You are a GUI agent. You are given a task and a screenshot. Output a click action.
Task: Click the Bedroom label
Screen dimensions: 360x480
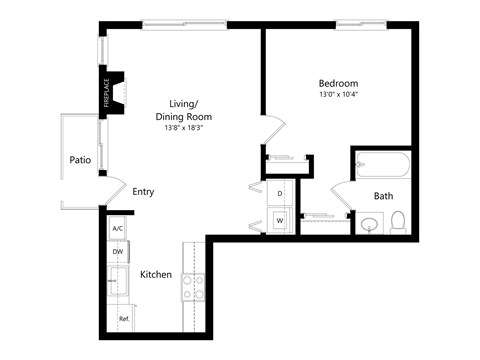pos(338,83)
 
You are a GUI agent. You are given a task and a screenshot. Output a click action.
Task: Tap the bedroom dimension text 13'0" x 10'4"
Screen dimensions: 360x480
pos(338,95)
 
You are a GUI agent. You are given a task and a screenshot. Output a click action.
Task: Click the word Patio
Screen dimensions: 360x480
pos(81,160)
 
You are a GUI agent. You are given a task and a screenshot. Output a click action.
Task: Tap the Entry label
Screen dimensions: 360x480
pos(143,192)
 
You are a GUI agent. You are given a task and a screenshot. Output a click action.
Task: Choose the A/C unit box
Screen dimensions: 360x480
pos(117,229)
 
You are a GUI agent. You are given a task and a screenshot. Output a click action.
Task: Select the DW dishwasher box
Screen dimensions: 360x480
pos(117,252)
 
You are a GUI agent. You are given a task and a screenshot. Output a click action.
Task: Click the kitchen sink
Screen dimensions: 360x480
pos(118,282)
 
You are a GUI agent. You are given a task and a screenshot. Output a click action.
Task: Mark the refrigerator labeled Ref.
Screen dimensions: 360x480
pos(124,319)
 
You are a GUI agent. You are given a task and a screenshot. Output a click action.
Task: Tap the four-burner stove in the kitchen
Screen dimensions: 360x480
pos(193,288)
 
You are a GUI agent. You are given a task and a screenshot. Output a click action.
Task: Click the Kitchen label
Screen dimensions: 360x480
pos(155,274)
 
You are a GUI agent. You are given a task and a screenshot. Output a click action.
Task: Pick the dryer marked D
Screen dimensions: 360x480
pos(280,192)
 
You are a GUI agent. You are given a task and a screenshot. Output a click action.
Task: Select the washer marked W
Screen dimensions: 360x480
pos(280,220)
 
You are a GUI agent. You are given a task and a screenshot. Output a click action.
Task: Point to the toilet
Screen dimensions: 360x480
pos(397,222)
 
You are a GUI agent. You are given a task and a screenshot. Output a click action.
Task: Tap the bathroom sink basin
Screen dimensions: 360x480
pos(369,224)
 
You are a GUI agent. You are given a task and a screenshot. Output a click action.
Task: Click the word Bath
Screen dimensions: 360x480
pos(383,196)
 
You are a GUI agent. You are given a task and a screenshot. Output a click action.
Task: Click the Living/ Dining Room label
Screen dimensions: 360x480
pos(183,108)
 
